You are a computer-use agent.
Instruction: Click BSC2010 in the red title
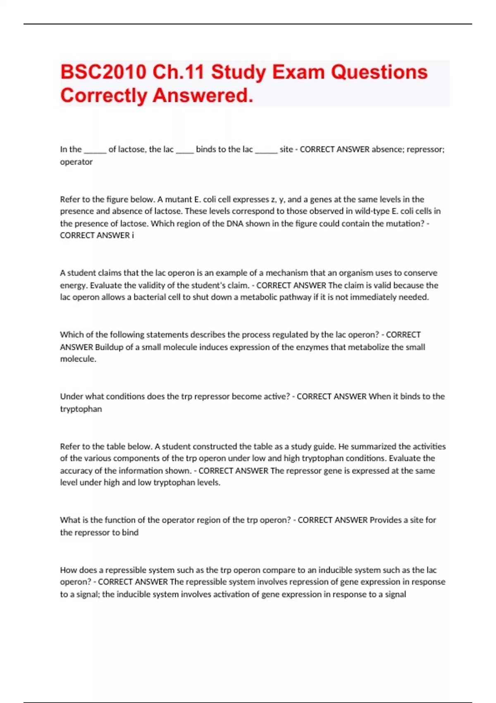[x=103, y=72]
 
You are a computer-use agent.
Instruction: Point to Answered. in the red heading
[x=203, y=96]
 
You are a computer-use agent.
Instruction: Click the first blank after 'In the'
[x=95, y=150]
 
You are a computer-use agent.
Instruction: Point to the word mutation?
[x=403, y=224]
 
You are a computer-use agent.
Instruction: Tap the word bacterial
[x=150, y=297]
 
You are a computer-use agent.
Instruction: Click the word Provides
[x=386, y=520]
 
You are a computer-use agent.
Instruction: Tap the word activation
[x=245, y=594]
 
